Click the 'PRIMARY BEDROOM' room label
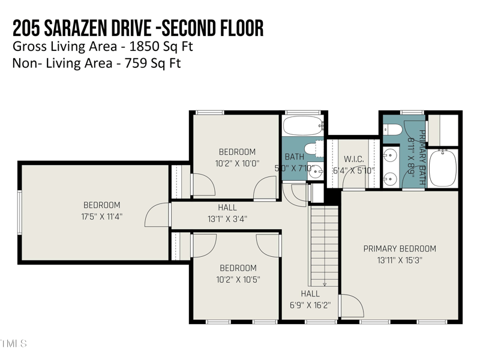pyautogui.click(x=400, y=248)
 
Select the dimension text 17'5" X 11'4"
pyautogui.click(x=101, y=216)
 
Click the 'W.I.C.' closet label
pyautogui.click(x=354, y=159)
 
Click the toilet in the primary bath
pyautogui.click(x=394, y=129)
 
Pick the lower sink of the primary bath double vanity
pyautogui.click(x=390, y=178)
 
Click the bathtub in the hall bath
pyautogui.click(x=303, y=126)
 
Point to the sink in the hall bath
pyautogui.click(x=316, y=170)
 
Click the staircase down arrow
pyautogui.click(x=324, y=284)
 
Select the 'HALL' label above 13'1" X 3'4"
pyautogui.click(x=227, y=208)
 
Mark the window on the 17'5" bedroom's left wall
pyautogui.click(x=19, y=212)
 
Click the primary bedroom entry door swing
pyautogui.click(x=351, y=305)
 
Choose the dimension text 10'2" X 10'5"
pyautogui.click(x=238, y=279)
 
